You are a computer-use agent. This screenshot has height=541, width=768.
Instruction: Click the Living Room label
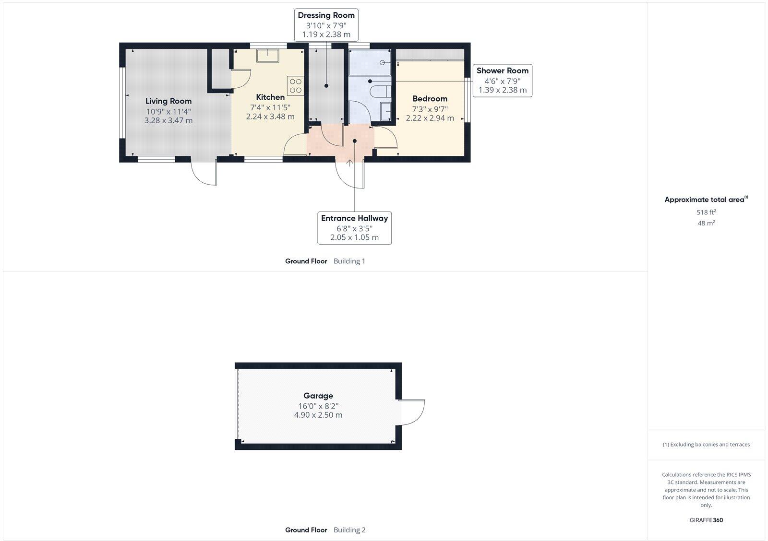(x=168, y=101)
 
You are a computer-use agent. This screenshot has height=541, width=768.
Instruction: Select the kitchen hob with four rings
(x=295, y=85)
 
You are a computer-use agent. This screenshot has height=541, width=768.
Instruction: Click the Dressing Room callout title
(x=326, y=15)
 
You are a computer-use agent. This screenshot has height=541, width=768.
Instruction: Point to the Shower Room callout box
(x=502, y=80)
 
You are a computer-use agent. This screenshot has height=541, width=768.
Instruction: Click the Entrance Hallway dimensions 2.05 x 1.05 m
(x=354, y=237)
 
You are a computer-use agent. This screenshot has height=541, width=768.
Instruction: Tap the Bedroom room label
(x=430, y=99)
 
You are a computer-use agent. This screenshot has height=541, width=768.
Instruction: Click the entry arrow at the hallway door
(x=350, y=163)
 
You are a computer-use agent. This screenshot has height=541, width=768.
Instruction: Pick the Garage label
(x=318, y=396)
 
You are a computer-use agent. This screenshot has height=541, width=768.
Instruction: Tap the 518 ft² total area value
(x=706, y=212)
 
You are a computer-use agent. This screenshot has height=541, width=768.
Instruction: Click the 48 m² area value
(x=706, y=223)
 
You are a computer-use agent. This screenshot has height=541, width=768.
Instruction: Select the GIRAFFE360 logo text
(x=706, y=520)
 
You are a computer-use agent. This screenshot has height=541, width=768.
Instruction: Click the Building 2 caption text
(x=349, y=530)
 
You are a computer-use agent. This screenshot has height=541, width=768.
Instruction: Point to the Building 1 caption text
(x=349, y=261)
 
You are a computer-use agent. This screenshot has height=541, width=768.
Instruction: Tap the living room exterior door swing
(x=204, y=174)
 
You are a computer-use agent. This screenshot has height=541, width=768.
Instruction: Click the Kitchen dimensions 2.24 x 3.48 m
(x=270, y=117)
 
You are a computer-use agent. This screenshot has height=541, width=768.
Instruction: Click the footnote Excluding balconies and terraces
(x=706, y=445)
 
